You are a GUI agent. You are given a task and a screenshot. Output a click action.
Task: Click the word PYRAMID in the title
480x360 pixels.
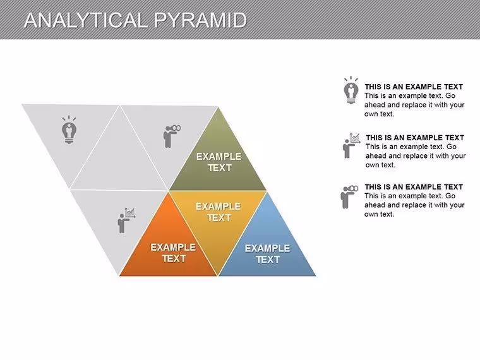[200, 20]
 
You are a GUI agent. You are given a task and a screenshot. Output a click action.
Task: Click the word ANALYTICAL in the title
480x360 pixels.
[86, 20]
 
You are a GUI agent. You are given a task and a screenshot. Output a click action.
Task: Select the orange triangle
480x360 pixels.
[169, 245]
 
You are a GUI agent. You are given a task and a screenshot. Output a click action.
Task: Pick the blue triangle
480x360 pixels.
[267, 245]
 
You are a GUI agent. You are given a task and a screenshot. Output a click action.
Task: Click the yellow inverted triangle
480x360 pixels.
[218, 220]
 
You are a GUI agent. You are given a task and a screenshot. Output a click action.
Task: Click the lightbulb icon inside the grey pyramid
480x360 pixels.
[69, 129]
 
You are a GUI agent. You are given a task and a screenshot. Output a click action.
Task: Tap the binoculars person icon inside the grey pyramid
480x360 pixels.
[172, 136]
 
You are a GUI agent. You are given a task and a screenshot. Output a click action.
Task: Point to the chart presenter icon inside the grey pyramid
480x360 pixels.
[126, 220]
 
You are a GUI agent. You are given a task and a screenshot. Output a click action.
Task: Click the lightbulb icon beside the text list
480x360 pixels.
[351, 90]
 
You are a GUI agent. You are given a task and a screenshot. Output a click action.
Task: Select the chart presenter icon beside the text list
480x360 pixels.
[351, 145]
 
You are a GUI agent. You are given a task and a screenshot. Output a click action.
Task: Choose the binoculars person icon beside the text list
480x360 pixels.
[349, 197]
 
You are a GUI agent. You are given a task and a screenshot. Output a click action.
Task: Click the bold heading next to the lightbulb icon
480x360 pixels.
[414, 87]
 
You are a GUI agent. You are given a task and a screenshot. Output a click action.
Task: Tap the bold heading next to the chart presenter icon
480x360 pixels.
[415, 138]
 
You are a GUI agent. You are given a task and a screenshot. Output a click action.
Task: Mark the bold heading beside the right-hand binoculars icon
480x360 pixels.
[414, 187]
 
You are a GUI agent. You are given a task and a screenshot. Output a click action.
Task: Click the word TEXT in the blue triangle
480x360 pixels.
[268, 260]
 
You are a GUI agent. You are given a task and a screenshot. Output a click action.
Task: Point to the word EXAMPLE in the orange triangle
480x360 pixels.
[173, 247]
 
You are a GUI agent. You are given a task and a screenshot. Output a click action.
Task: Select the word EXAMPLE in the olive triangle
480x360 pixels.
[219, 157]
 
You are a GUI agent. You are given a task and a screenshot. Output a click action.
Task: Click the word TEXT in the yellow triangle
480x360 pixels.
[219, 218]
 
